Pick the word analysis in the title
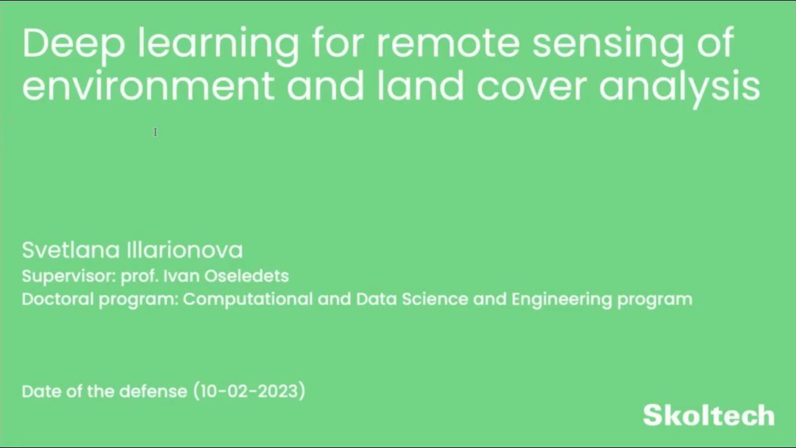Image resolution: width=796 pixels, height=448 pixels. tap(679, 87)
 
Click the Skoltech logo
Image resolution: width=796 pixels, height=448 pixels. tap(709, 415)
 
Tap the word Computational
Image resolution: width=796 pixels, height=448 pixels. tap(248, 299)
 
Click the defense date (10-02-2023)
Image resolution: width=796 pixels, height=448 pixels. tap(249, 391)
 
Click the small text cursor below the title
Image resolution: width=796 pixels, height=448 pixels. tap(155, 132)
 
